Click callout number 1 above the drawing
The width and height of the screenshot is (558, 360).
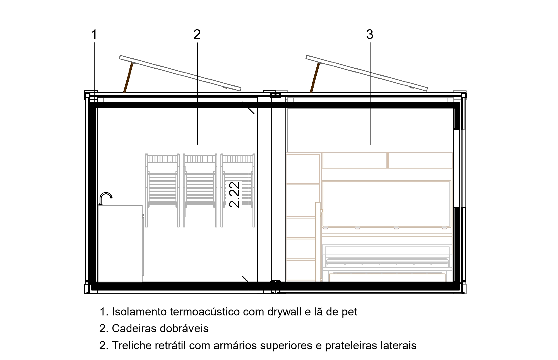(x=94, y=35)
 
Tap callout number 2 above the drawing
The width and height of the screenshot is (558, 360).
(x=197, y=35)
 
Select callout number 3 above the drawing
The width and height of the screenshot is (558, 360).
(x=370, y=35)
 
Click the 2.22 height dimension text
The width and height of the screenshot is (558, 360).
(x=234, y=195)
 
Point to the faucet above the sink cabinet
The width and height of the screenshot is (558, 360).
(x=106, y=198)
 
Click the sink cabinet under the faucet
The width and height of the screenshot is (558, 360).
(x=120, y=243)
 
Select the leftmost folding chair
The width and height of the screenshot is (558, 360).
(x=162, y=190)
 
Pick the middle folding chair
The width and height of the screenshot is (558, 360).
(x=200, y=190)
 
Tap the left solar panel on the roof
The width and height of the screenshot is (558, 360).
(x=180, y=73)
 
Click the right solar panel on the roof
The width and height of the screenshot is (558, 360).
(x=367, y=73)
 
